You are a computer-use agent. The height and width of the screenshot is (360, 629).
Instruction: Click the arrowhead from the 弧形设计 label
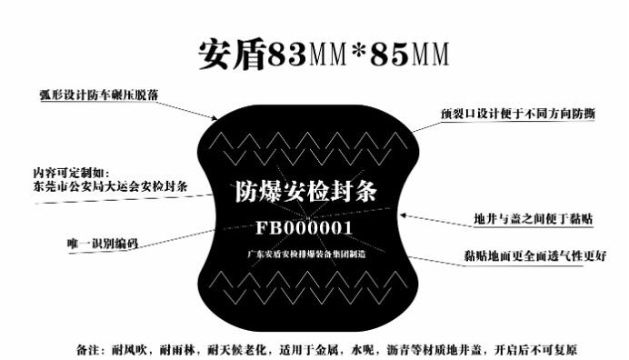(215, 118)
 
